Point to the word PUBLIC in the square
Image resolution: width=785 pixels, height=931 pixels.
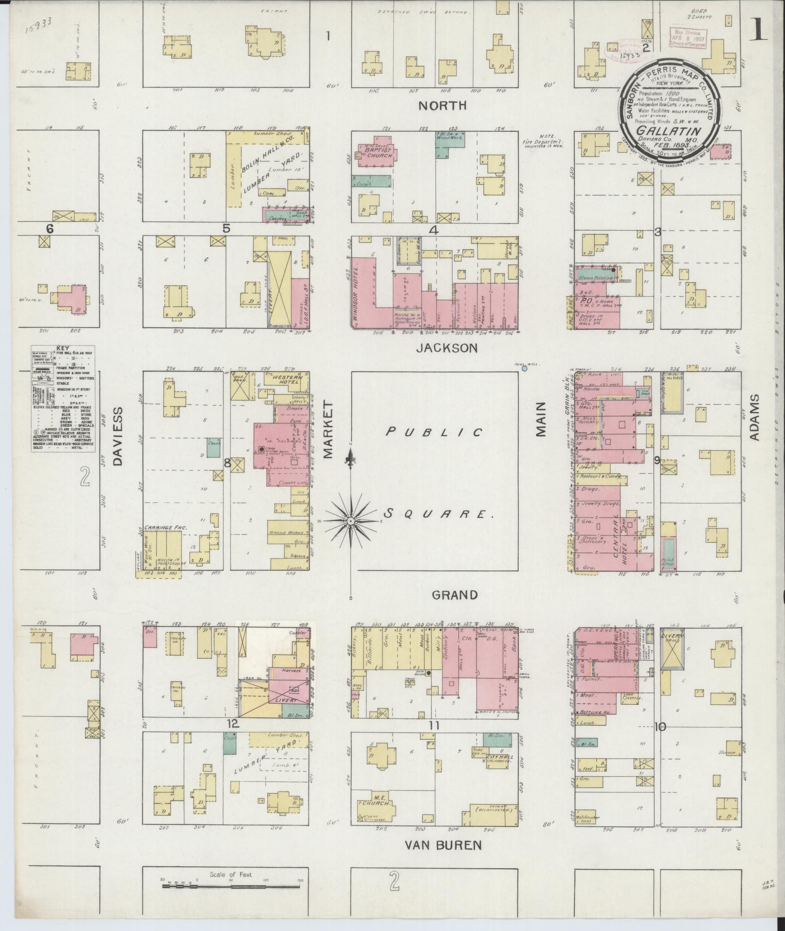(435, 432)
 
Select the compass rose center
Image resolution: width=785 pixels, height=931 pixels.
(350, 521)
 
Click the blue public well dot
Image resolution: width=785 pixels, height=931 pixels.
(525, 369)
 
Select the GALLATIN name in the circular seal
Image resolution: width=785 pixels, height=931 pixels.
(668, 131)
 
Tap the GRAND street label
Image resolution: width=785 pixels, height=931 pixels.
(455, 595)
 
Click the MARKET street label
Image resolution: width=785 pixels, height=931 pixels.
(327, 430)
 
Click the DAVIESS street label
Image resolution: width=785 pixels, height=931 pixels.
(119, 438)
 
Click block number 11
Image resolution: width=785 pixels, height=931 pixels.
(434, 726)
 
